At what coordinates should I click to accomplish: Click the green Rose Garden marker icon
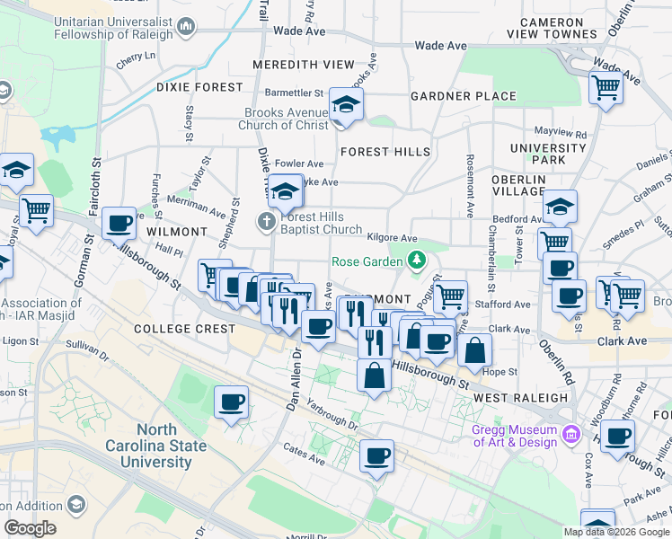pos(416,261)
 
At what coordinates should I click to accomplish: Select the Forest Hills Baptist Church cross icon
pos(267,220)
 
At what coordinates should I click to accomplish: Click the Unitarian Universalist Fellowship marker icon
pos(186,26)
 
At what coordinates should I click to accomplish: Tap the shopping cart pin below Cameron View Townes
pos(606,89)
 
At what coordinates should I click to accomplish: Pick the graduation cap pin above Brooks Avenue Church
pos(345,105)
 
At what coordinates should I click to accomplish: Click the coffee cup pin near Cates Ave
pos(377,455)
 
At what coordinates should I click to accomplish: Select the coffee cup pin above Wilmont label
pos(119,223)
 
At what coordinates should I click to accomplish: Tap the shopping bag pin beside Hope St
pos(474,350)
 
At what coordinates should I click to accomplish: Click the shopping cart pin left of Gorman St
pos(36,211)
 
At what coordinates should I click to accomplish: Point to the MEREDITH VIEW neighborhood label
pos(304,65)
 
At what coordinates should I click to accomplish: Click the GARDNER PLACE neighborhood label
pos(464,96)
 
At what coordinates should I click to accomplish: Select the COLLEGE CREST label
pos(184,329)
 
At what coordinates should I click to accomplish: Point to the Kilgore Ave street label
pos(393,238)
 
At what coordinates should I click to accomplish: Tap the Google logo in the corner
pos(30,528)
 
